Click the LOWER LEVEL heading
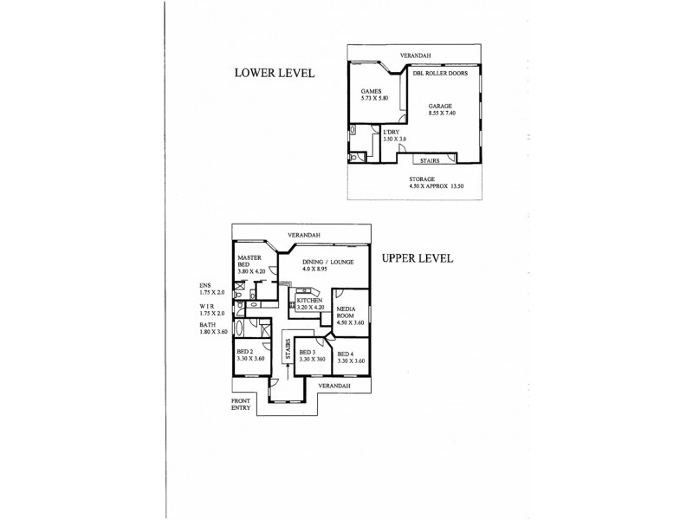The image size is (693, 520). pyautogui.click(x=273, y=73)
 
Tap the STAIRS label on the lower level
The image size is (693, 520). pyautogui.click(x=428, y=161)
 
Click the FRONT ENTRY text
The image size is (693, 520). pyautogui.click(x=242, y=404)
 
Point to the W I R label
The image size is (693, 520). pyautogui.click(x=209, y=308)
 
